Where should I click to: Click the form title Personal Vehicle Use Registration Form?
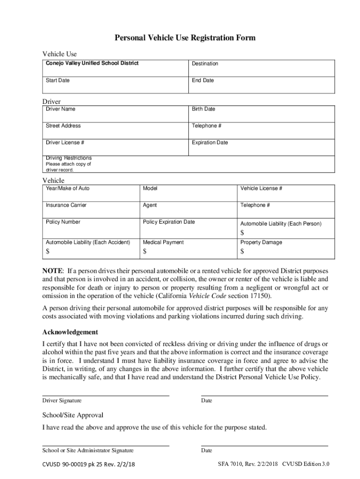(x=185, y=38)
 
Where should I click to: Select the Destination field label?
(x=205, y=64)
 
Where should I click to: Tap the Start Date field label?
(x=58, y=80)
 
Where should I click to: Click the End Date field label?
(x=202, y=80)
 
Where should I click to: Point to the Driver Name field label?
(x=60, y=109)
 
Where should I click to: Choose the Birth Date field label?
(x=203, y=109)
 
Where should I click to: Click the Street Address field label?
(x=63, y=126)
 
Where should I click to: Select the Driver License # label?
(x=65, y=143)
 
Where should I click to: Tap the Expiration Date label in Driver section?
(x=210, y=143)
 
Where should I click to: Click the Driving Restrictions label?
(x=69, y=158)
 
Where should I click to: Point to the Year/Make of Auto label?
(x=67, y=189)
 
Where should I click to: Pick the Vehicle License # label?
(x=261, y=189)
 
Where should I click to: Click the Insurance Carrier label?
(x=66, y=205)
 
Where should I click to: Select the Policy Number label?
(x=63, y=222)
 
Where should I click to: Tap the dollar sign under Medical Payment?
(x=145, y=252)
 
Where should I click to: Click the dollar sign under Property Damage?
(x=242, y=252)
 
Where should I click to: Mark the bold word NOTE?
(x=52, y=271)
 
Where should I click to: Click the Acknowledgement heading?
(x=70, y=332)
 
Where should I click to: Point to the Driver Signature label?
(x=62, y=400)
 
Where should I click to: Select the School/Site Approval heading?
(x=73, y=415)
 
